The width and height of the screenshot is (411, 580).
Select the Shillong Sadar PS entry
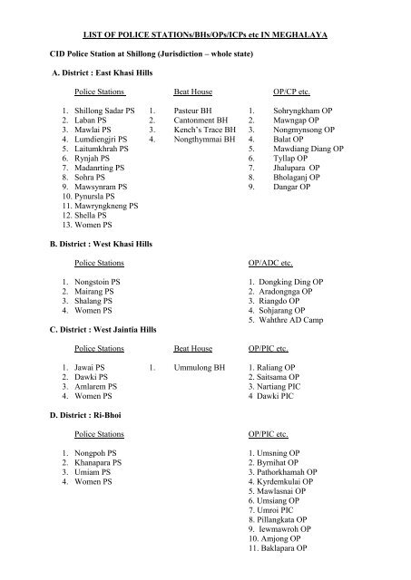(x=107, y=111)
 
